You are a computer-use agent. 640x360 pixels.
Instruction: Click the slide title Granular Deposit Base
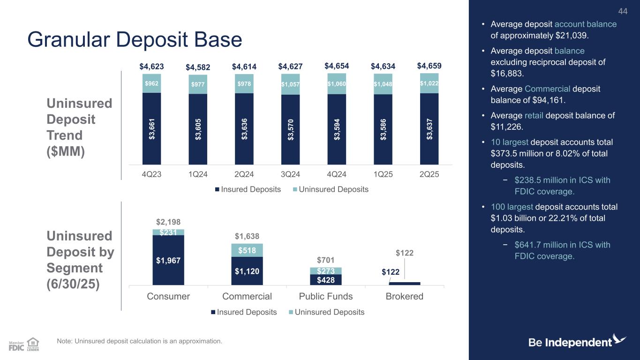[135, 40]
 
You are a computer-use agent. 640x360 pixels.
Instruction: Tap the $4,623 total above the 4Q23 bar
[151, 67]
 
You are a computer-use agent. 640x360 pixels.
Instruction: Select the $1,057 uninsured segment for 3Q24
[290, 84]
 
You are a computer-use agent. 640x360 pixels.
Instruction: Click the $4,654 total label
[337, 66]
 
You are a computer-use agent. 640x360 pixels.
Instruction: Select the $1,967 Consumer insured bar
[168, 260]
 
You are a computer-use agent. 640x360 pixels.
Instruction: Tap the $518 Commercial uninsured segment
[247, 251]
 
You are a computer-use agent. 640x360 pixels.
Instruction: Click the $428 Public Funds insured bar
[326, 280]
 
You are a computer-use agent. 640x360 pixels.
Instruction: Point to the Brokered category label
[405, 297]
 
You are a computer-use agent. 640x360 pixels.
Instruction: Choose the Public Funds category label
[326, 297]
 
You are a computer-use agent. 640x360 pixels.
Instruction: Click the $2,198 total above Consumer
[168, 222]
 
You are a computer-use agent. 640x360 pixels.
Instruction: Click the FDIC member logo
[17, 345]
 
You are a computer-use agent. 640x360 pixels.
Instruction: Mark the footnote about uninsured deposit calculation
[139, 341]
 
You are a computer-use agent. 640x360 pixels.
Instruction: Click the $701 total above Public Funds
[326, 260]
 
